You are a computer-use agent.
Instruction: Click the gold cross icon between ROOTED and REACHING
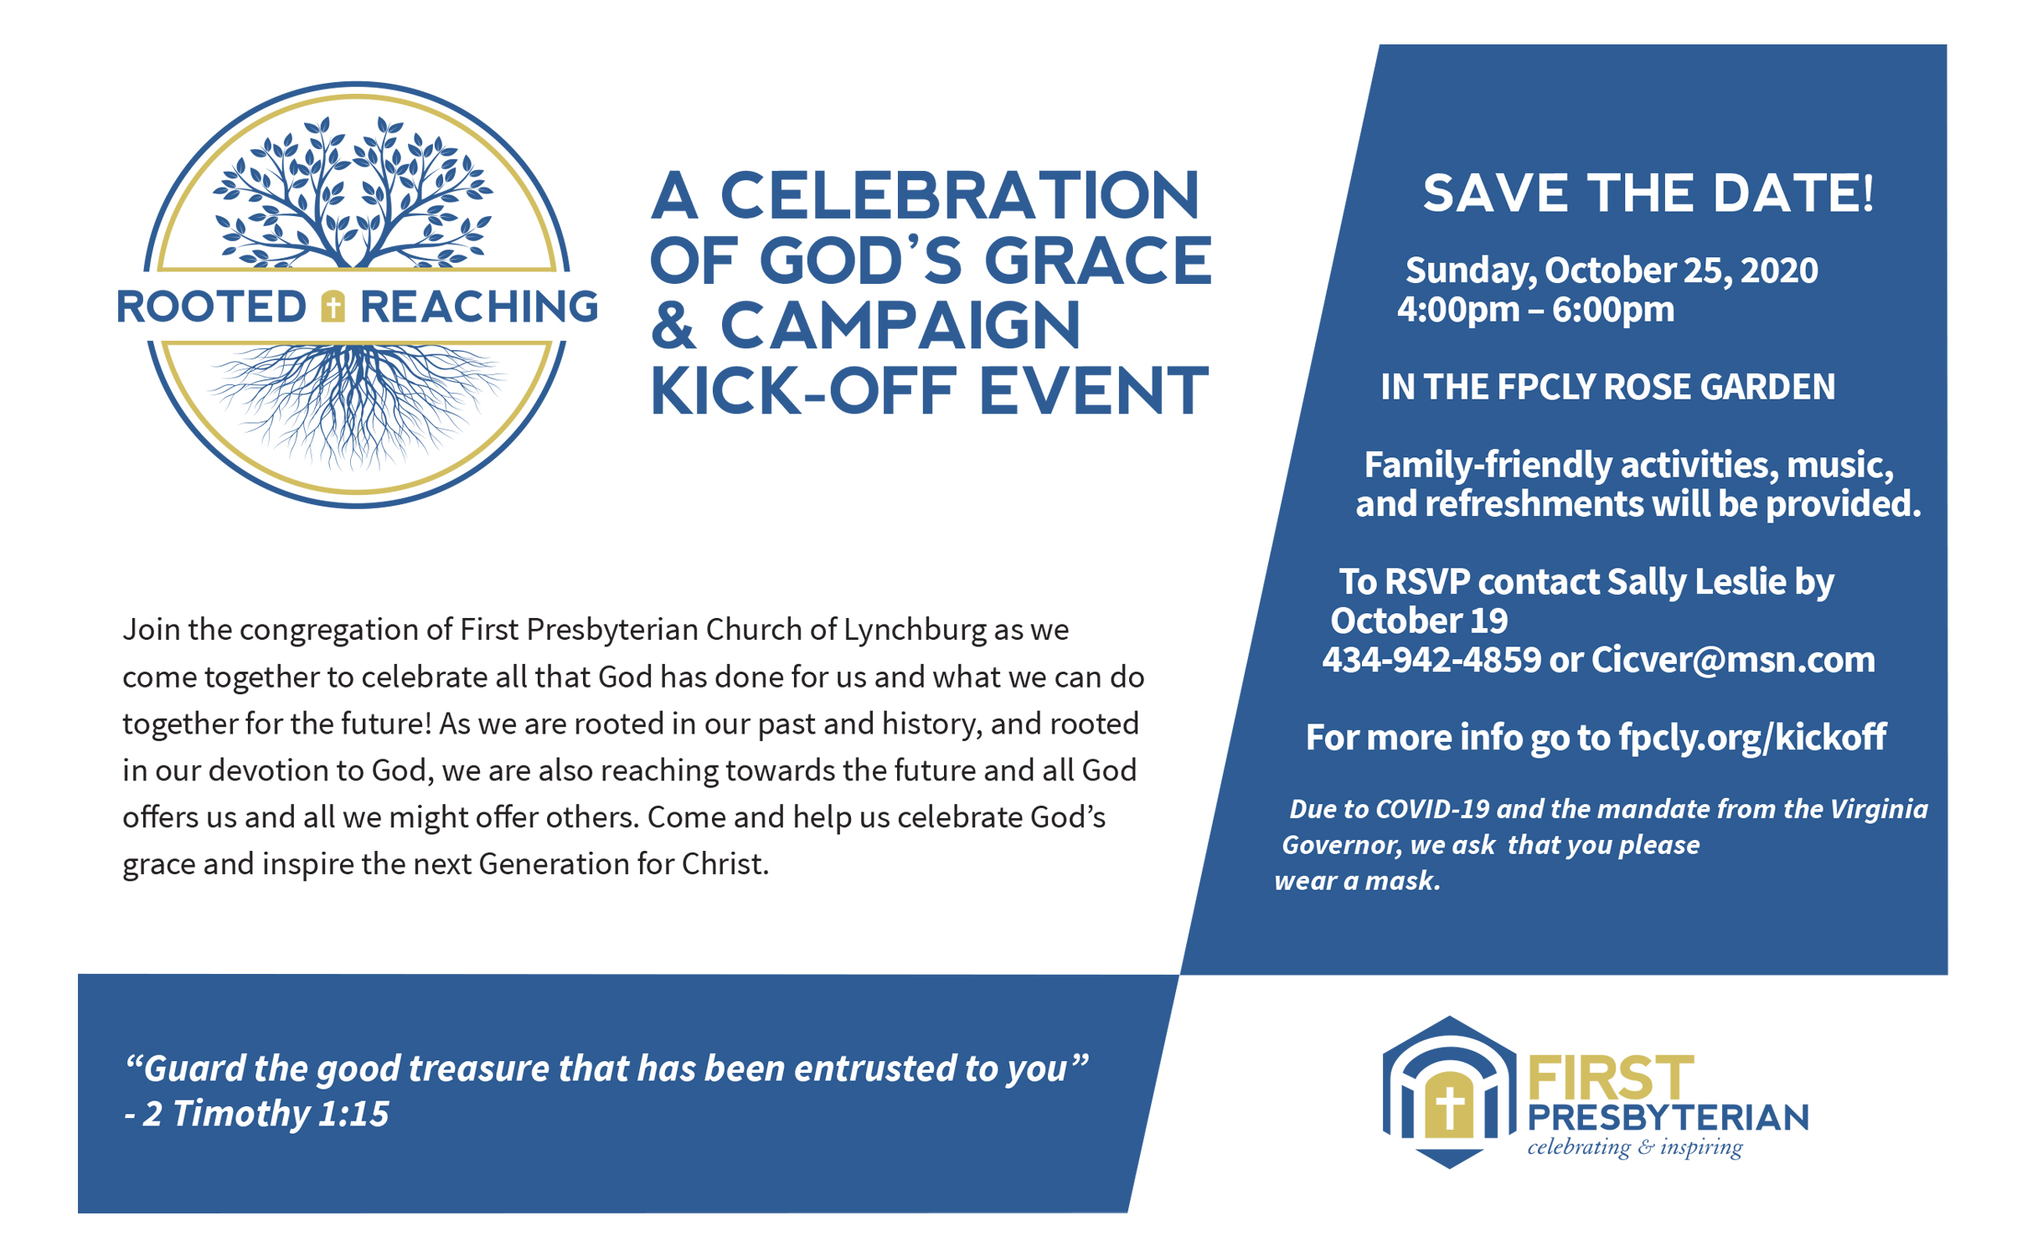pos(333,306)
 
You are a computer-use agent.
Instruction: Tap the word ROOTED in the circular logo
pos(212,307)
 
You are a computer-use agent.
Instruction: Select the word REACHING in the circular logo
pos(479,307)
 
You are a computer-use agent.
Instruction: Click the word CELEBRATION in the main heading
pos(960,196)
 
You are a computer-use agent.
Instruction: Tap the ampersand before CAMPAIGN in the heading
pos(673,326)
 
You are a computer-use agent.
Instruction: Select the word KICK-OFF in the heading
pos(802,391)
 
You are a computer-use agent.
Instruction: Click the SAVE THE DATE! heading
pos(1648,193)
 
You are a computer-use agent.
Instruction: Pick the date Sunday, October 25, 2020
pos(1612,270)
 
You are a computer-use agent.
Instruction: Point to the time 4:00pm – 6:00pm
pos(1535,310)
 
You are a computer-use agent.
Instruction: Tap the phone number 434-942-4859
pos(1431,660)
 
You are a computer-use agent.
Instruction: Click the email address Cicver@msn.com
pos(1733,660)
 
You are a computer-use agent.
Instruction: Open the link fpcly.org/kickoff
pos(1752,738)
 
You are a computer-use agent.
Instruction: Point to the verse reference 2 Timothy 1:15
pos(266,1114)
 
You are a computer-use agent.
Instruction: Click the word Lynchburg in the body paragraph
pos(915,630)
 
